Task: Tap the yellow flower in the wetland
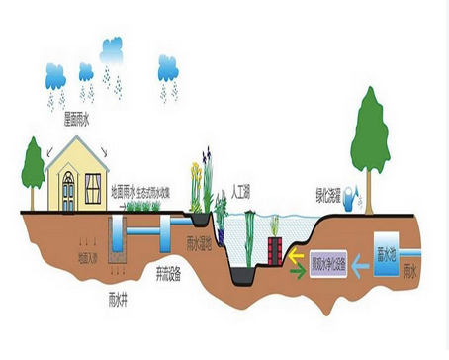coord(194,182)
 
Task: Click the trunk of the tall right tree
coord(370,177)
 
